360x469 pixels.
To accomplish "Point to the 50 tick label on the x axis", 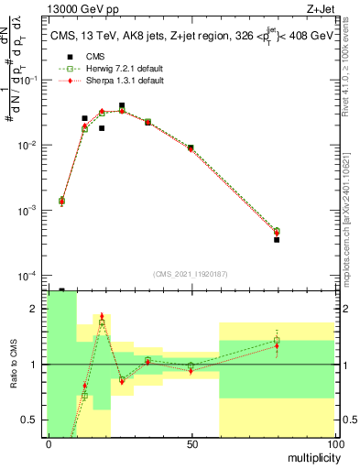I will (x=191, y=443).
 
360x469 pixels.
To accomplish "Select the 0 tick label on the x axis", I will (x=49, y=443).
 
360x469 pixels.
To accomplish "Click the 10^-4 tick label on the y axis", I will (x=30, y=276).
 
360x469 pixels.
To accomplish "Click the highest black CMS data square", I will (x=122, y=105).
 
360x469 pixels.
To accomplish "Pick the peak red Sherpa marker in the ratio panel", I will (x=103, y=317).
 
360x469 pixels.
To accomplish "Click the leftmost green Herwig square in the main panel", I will (x=61, y=201).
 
